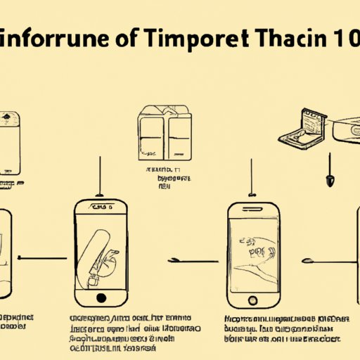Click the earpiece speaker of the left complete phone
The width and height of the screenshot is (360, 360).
(101, 208)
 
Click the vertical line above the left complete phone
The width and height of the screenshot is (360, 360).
(101, 175)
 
